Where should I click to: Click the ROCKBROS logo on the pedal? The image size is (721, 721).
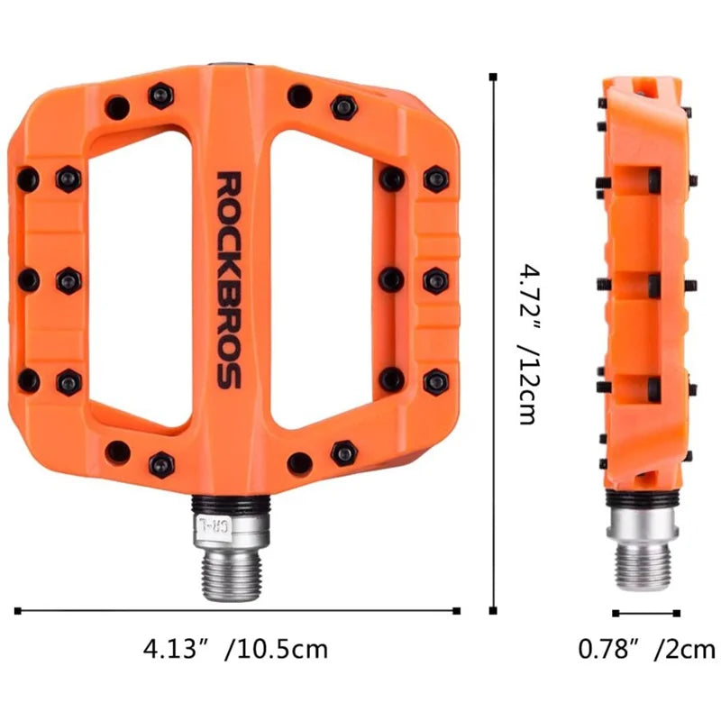click(229, 280)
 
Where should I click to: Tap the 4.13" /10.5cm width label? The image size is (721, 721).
click(235, 649)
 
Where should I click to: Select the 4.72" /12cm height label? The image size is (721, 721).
click(528, 344)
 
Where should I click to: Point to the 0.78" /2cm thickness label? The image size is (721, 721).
click(646, 649)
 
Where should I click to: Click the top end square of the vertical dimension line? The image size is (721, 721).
click(493, 77)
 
